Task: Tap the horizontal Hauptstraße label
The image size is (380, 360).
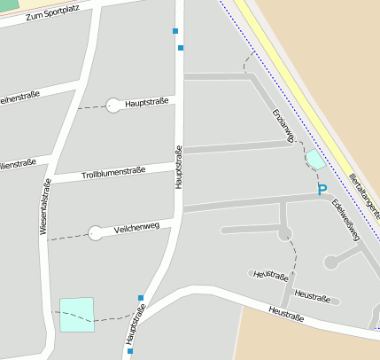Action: (x=147, y=103)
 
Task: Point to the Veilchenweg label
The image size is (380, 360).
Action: (x=136, y=228)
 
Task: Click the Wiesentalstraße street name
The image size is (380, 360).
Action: (x=44, y=207)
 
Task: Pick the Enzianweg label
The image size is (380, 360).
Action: (x=283, y=125)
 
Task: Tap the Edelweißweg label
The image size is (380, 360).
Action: (x=346, y=219)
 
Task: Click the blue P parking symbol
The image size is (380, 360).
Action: (x=322, y=190)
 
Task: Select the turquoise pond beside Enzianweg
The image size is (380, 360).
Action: (x=315, y=160)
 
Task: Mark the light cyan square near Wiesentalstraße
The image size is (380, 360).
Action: (x=76, y=315)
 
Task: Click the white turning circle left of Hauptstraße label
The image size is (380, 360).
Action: (x=113, y=106)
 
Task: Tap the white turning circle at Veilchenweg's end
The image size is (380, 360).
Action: (x=96, y=233)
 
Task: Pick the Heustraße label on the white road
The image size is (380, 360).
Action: (x=285, y=312)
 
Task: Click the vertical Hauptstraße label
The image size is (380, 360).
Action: (x=178, y=167)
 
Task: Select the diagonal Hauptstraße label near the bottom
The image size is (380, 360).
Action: (x=136, y=325)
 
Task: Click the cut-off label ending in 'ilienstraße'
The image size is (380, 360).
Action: (x=18, y=163)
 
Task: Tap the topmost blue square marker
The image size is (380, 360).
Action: (x=175, y=31)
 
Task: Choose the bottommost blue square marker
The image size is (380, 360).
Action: (x=130, y=351)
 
